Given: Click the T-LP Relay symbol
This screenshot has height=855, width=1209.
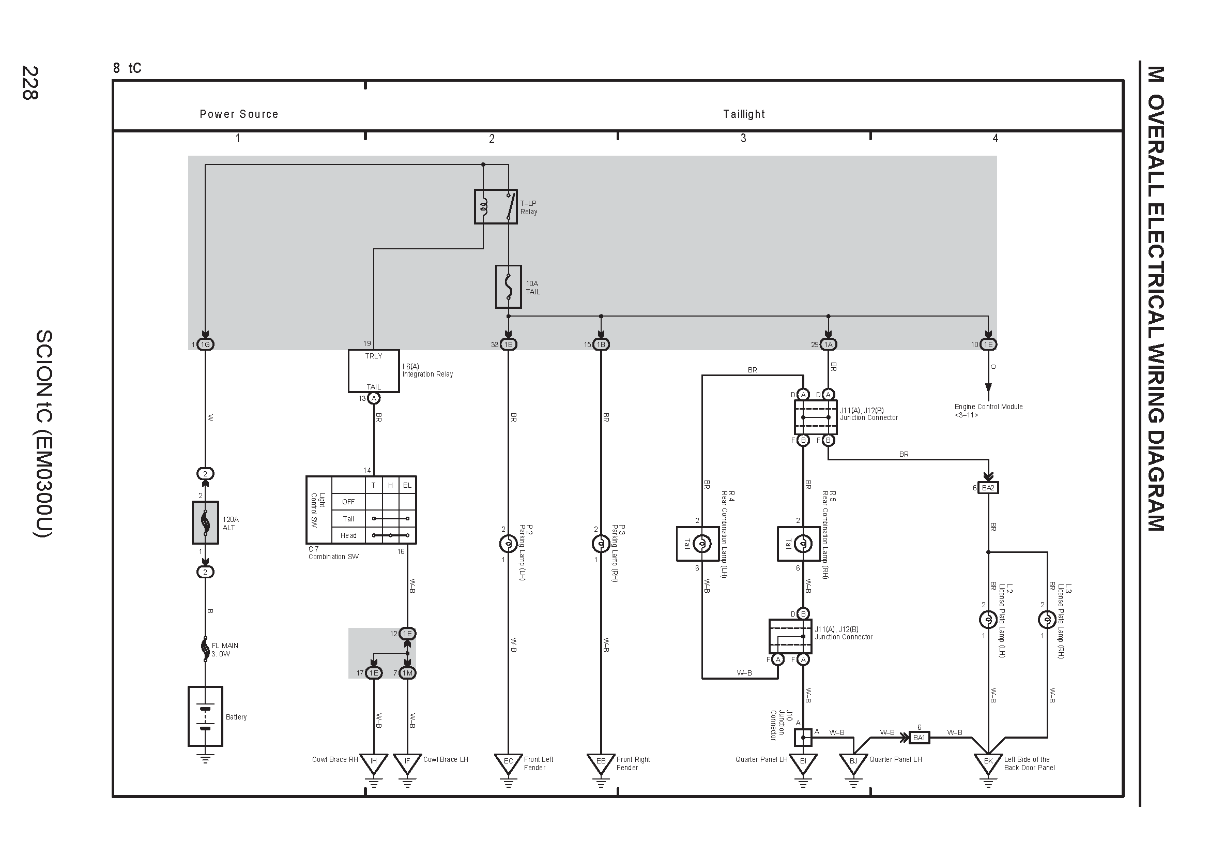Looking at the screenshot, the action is pos(496,206).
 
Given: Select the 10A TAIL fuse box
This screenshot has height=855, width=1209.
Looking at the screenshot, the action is pos(508,287).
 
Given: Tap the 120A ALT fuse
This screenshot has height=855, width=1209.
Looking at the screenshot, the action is pos(205,522).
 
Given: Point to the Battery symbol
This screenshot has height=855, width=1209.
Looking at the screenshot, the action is pos(205,716).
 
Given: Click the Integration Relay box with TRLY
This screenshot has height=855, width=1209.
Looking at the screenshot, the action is pos(373,371).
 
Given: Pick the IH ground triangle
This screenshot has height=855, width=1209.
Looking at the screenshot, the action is pos(373,763).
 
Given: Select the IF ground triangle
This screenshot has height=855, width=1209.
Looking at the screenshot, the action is pos(407,763).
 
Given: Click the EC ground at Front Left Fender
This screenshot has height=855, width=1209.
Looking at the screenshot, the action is pos(508,763).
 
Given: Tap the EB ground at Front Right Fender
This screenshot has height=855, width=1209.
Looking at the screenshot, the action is pos(601,763).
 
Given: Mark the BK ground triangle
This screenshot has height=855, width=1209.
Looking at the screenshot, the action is pos(988,763).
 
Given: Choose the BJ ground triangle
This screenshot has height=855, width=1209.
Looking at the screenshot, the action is pos(853,763).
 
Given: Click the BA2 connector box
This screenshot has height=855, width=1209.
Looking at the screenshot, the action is pos(988,488).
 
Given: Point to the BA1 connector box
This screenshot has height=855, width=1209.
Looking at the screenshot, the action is pos(919,738).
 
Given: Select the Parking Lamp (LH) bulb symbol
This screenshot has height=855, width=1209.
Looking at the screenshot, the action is pos(508,544).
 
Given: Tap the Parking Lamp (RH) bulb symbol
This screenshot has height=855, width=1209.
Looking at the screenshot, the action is pos(601,544).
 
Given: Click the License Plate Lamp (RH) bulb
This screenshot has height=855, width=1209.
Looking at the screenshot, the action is pos(1047,620).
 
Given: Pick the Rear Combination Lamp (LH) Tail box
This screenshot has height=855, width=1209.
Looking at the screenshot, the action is pos(698,544).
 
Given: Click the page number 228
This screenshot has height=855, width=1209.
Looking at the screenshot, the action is pos(29,83).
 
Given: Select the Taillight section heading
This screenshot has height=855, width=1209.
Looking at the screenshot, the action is pos(743,114).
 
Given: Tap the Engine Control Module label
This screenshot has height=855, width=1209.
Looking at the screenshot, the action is pos(988,407).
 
